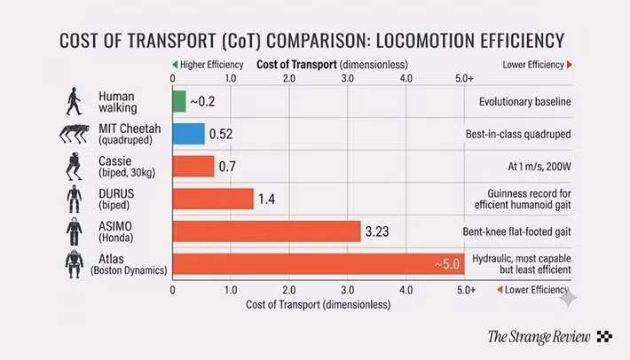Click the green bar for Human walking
pyautogui.click(x=179, y=102)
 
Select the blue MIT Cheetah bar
pyautogui.click(x=189, y=134)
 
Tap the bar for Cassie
pyautogui.click(x=193, y=167)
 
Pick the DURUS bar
pyautogui.click(x=213, y=199)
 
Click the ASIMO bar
pyautogui.click(x=267, y=231)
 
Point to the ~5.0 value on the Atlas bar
pyautogui.click(x=447, y=264)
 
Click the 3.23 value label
pyautogui.click(x=377, y=231)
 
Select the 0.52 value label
pyautogui.click(x=221, y=134)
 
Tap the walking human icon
pyautogui.click(x=74, y=102)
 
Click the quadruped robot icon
pyautogui.click(x=75, y=134)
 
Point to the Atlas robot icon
pyautogui.click(x=75, y=264)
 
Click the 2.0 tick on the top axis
pyautogui.click(x=289, y=78)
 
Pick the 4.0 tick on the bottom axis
pyautogui.click(x=406, y=290)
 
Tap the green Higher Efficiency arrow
pyautogui.click(x=175, y=65)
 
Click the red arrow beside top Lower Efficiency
pyautogui.click(x=570, y=65)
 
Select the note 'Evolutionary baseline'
pyautogui.click(x=524, y=102)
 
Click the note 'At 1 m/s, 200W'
pyautogui.click(x=539, y=167)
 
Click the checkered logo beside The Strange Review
pyautogui.click(x=604, y=336)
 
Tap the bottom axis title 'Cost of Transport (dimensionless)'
pyautogui.click(x=319, y=305)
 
